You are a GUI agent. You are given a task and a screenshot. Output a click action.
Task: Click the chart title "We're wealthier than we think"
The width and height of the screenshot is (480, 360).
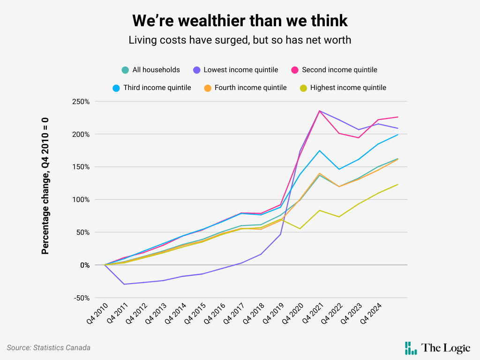tap(240, 21)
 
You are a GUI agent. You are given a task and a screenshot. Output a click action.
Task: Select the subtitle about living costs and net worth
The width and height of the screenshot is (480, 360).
tap(240, 40)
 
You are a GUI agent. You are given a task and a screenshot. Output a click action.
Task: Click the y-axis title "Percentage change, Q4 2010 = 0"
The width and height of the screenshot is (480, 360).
tap(45, 186)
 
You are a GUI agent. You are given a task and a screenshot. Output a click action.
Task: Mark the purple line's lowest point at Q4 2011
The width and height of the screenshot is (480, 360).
tap(124, 284)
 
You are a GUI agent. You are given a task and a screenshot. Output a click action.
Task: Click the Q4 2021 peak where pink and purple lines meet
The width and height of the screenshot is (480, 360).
tap(319, 111)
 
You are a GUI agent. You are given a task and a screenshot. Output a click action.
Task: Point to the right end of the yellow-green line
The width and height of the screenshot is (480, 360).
tap(398, 184)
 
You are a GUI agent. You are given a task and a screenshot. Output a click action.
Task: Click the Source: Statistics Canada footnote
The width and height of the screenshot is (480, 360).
tap(49, 348)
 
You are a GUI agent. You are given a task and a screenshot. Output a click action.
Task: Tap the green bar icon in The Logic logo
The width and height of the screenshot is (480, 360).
tap(411, 348)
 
